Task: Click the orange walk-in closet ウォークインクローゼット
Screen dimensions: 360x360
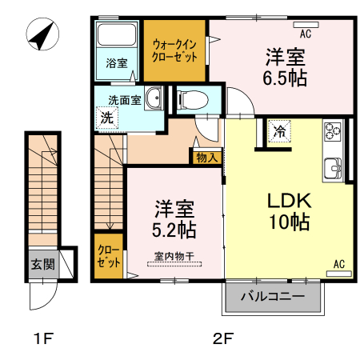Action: tap(175, 50)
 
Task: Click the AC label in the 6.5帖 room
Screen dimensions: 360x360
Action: tap(305, 34)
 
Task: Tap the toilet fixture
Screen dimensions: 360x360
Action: tap(192, 100)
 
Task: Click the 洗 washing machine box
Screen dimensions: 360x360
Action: tap(106, 117)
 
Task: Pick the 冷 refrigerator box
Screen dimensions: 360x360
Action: tap(279, 130)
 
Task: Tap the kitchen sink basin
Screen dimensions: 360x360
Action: tap(333, 167)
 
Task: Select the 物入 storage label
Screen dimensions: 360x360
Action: tap(207, 157)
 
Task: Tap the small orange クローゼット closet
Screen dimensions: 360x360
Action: tap(109, 255)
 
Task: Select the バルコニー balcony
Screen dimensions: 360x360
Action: tap(272, 297)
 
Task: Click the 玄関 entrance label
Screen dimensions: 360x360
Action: tap(42, 265)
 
